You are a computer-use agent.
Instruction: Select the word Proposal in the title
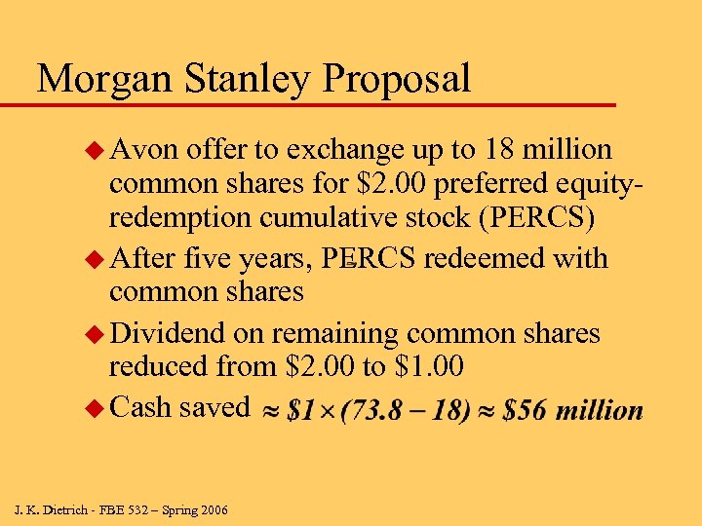click(x=402, y=79)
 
